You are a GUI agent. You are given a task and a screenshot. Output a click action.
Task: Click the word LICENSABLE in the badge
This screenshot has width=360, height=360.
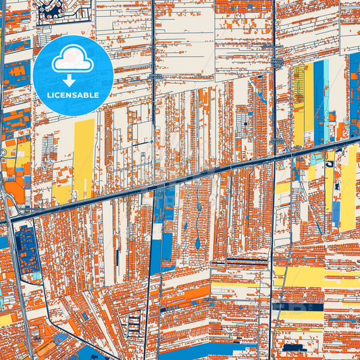(72, 95)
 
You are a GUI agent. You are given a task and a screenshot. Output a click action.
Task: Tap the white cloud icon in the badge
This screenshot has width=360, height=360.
(73, 59)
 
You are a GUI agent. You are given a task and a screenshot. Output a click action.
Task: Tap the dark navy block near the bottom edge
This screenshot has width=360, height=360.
(292, 348)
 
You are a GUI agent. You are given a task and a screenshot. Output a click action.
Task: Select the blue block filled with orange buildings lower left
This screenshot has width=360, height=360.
(27, 250)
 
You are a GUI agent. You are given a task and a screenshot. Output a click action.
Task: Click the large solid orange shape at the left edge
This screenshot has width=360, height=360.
(15, 192)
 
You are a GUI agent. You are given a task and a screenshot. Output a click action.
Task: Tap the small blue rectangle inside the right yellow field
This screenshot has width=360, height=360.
(336, 213)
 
